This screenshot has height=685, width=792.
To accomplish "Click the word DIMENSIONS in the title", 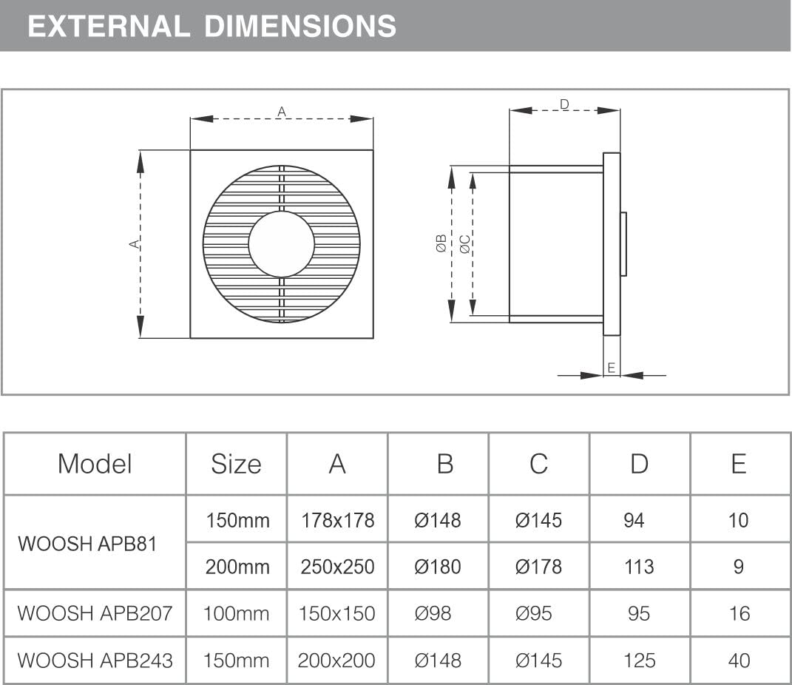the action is (x=300, y=27).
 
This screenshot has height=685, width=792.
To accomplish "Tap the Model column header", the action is (x=95, y=464).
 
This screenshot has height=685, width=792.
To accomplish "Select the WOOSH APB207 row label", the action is (x=95, y=613).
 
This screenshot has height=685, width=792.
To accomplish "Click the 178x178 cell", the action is (x=337, y=520).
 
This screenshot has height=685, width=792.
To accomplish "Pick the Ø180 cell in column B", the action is (x=438, y=567).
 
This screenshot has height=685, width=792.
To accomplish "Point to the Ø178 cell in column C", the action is (x=538, y=567).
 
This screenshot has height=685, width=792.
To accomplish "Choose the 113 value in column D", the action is (x=639, y=567).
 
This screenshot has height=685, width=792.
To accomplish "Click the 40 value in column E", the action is (x=739, y=661).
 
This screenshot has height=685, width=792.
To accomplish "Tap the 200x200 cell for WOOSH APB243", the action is (x=336, y=661).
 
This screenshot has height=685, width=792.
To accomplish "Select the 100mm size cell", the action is (x=236, y=613).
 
